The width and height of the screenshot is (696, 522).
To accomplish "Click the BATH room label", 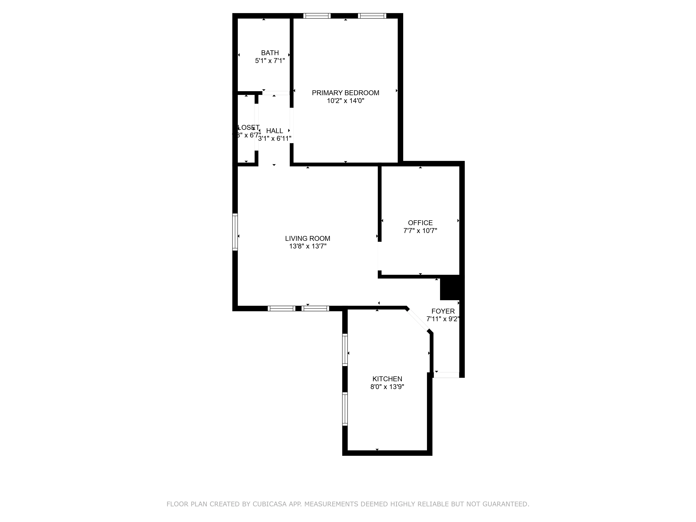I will (270, 53).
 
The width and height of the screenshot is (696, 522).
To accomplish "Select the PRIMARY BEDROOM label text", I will (345, 93).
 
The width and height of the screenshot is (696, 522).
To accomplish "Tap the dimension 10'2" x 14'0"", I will (345, 101).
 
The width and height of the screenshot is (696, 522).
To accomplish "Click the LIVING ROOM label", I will (307, 239).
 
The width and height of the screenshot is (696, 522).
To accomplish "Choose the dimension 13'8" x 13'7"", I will (307, 246).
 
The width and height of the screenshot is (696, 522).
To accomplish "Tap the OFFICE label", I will (420, 223).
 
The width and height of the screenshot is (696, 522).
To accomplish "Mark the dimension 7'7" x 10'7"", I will (420, 231).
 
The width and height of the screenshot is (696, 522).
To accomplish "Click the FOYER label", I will (443, 311).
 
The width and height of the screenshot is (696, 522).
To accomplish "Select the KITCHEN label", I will (387, 379).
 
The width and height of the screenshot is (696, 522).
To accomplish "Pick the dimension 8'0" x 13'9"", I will (387, 387).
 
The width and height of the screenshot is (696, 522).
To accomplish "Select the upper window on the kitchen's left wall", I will (345, 350).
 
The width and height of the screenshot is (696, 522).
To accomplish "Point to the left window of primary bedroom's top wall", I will (317, 16).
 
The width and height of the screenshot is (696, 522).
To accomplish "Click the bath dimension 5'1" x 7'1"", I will (270, 61).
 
